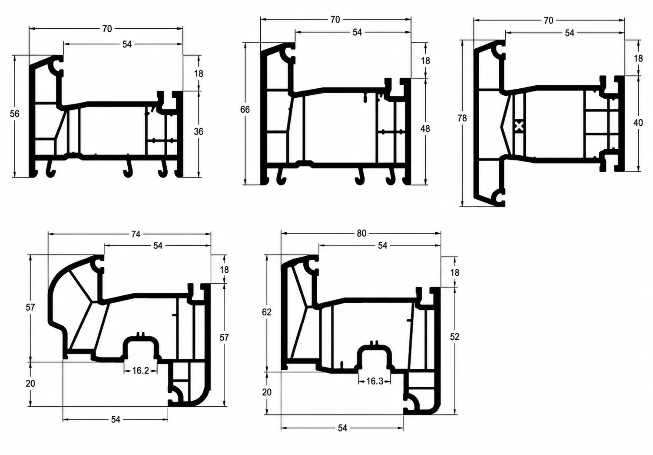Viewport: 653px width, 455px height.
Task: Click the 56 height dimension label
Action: (15, 114)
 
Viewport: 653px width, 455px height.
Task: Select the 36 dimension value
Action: (199, 132)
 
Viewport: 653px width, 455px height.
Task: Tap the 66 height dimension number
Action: (245, 110)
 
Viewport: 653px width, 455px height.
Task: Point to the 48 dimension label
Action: (425, 128)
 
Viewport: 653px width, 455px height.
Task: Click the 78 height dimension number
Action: (462, 118)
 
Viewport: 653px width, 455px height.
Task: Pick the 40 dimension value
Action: (638, 123)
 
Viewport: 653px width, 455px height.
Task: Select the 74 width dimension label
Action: (136, 234)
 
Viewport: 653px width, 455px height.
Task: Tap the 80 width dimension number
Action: (361, 233)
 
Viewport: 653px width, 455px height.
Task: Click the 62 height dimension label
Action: (266, 312)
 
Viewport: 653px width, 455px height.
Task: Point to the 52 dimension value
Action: (454, 337)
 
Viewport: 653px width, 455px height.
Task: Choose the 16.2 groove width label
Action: (140, 371)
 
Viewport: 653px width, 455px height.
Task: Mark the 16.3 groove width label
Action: (375, 381)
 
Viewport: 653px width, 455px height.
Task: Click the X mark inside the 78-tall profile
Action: (519, 127)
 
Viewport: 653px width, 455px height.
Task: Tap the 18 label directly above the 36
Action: (199, 74)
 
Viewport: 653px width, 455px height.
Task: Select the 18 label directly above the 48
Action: (425, 61)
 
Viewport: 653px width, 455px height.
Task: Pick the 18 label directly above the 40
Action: (638, 58)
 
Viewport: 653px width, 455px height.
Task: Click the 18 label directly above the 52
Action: (454, 273)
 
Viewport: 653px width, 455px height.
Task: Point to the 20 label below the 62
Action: (266, 392)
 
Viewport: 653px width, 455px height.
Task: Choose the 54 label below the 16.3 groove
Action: (342, 428)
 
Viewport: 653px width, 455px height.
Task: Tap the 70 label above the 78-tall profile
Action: (548, 20)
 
